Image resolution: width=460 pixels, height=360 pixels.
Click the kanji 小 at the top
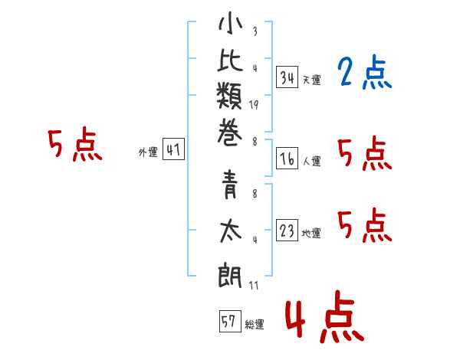230,23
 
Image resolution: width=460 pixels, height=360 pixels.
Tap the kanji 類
229,96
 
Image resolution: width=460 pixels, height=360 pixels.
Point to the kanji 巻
230,133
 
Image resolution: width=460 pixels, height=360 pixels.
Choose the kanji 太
231,231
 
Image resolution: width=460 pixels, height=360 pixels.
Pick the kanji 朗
230,274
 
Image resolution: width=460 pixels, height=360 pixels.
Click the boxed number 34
287,77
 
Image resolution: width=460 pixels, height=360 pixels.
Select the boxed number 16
287,159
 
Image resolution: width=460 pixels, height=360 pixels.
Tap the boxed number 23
287,230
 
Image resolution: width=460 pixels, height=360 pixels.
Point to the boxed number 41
173,149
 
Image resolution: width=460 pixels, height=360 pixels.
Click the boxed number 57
230,321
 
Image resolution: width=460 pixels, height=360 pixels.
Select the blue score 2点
365,71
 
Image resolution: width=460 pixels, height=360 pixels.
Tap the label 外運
148,152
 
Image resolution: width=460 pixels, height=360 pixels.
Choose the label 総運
255,325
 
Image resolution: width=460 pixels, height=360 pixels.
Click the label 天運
312,80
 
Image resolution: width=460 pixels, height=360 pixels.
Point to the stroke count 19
254,105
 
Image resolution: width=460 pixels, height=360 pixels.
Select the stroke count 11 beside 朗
254,285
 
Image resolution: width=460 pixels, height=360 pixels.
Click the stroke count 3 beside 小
255,31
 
